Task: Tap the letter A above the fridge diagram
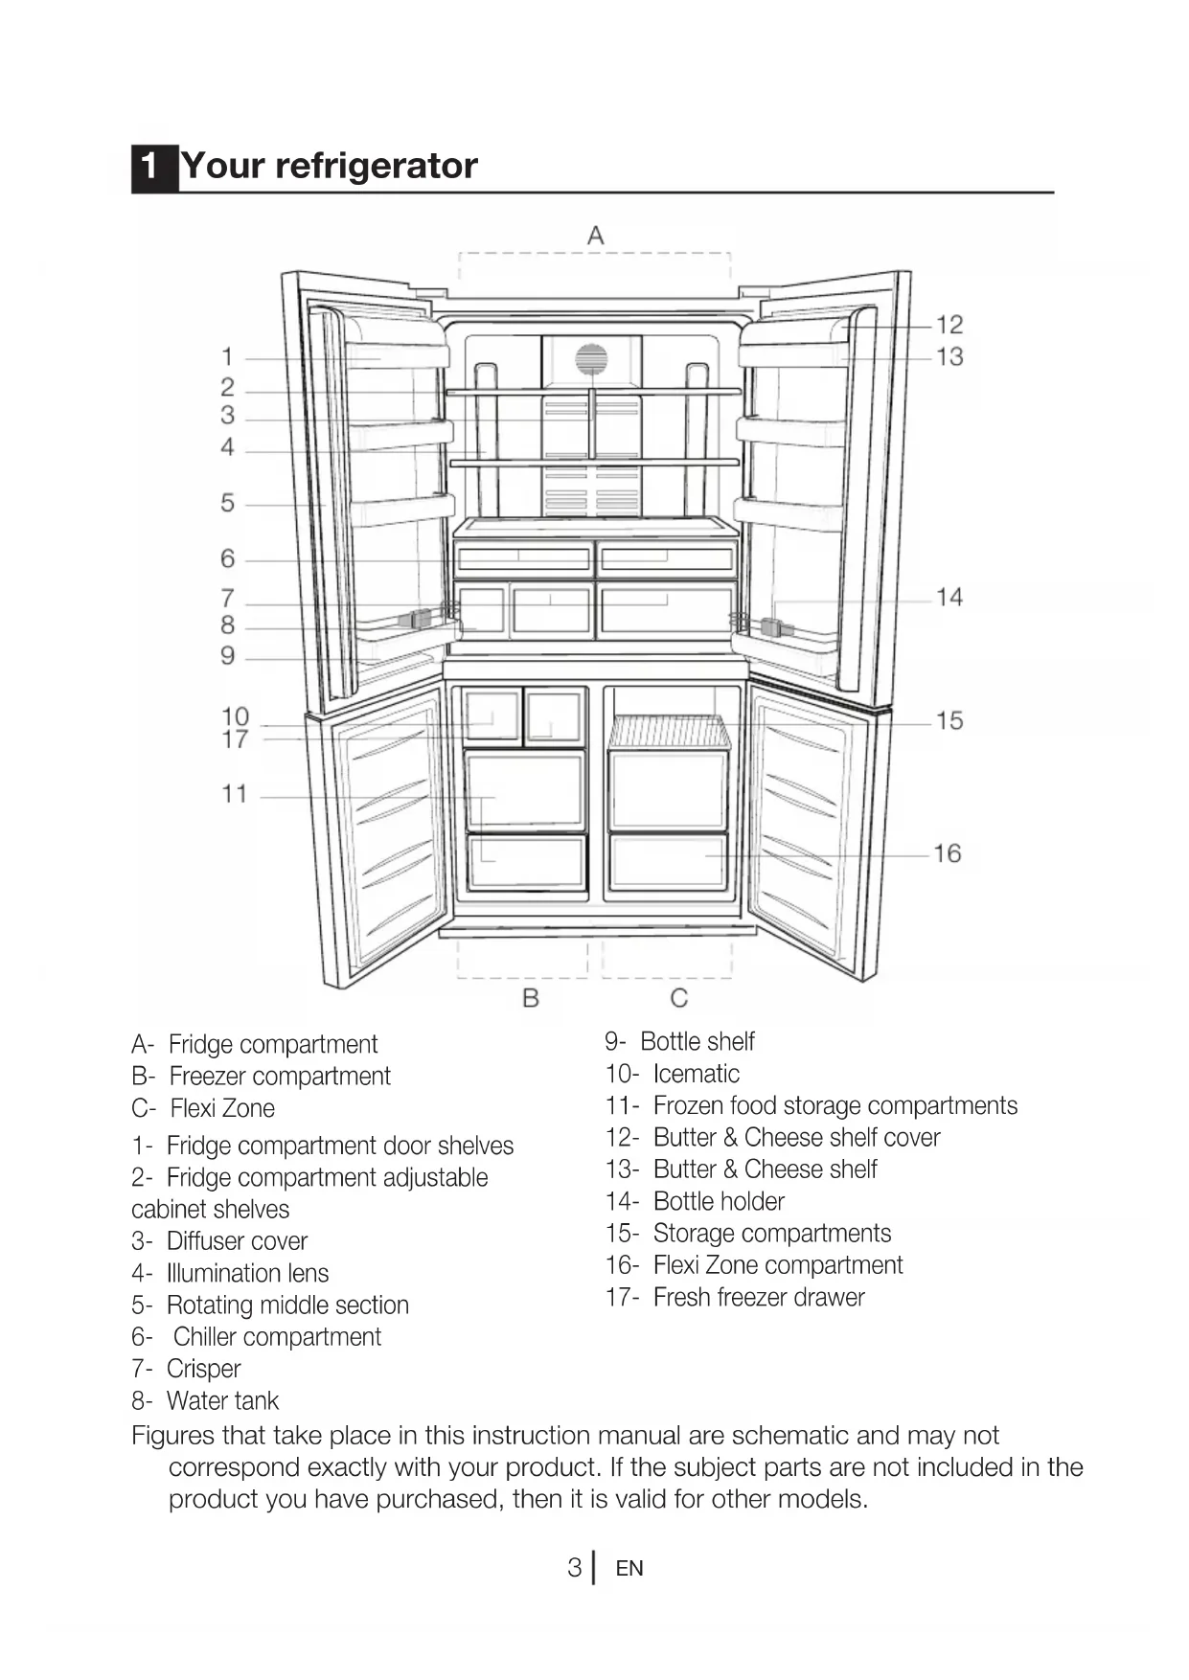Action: point(596,236)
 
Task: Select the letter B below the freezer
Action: point(531,998)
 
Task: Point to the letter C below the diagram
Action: point(679,998)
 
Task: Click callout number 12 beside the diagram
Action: point(949,325)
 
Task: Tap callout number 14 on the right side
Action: point(949,598)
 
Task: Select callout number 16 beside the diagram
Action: point(947,853)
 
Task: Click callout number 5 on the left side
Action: point(228,503)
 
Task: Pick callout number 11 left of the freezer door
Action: point(235,794)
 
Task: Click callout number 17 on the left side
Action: point(235,740)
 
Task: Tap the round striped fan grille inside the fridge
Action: point(591,360)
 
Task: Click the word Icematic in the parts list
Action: point(696,1074)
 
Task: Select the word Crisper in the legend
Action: point(203,1369)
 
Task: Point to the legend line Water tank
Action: point(222,1401)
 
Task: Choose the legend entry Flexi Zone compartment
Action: point(777,1265)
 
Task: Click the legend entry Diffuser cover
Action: point(237,1241)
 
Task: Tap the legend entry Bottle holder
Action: point(719,1201)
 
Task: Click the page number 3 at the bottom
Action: point(574,1568)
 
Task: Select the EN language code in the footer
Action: point(629,1569)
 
